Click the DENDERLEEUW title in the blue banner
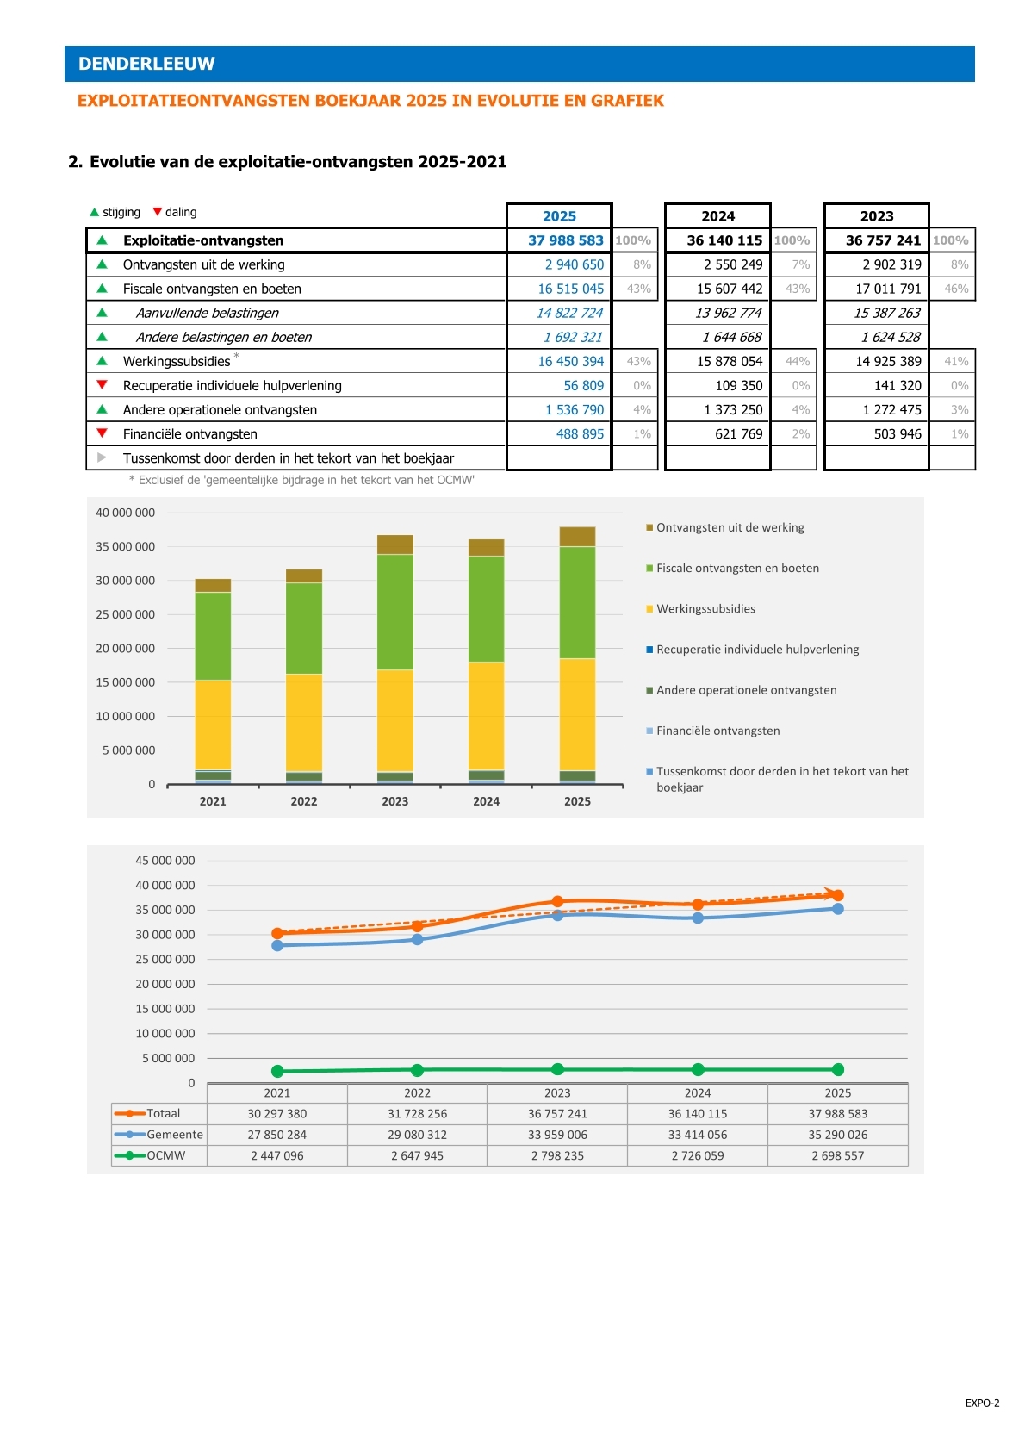[146, 64]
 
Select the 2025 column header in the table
[559, 215]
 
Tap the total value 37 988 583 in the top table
[566, 240]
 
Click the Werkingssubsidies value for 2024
[730, 361]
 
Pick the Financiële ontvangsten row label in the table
[190, 433]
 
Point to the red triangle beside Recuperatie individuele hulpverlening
[102, 384]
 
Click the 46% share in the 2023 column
[956, 289]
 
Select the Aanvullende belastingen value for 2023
[886, 313]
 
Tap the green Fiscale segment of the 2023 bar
[394, 612]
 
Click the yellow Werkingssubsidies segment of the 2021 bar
[213, 725]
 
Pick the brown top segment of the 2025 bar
[577, 537]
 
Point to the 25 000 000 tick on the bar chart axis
[126, 614]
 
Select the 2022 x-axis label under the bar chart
[303, 801]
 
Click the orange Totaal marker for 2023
[558, 902]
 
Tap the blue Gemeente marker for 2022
[418, 939]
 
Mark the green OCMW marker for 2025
[838, 1069]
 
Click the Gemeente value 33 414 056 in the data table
[698, 1135]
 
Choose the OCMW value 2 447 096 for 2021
[277, 1155]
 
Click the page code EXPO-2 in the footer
[982, 1403]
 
